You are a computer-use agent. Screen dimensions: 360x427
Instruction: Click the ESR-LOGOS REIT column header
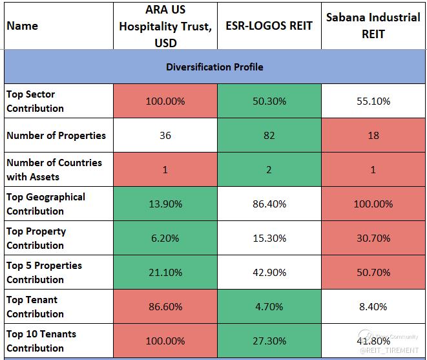(269, 26)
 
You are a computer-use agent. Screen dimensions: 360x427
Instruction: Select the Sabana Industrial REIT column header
(373, 25)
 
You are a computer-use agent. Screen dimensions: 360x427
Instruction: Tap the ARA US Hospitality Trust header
(165, 26)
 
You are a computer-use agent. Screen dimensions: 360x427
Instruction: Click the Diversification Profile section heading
(214, 67)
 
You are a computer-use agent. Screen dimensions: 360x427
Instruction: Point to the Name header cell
(23, 26)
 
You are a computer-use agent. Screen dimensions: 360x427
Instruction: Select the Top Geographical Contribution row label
(46, 204)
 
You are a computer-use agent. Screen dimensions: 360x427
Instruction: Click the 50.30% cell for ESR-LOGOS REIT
(269, 101)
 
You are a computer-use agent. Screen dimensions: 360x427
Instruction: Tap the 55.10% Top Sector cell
(373, 101)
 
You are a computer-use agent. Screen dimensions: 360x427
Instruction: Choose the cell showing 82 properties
(269, 136)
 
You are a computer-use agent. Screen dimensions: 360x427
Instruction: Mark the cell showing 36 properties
(165, 136)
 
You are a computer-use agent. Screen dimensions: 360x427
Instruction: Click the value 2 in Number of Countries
(269, 170)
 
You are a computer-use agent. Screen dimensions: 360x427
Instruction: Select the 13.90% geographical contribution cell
(165, 204)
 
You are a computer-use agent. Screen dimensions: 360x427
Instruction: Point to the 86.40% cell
(269, 204)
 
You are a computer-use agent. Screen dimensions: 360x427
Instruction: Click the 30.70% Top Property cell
(373, 238)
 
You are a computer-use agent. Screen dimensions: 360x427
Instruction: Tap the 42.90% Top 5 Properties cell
(269, 272)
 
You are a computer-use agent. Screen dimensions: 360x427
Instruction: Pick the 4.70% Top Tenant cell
(269, 306)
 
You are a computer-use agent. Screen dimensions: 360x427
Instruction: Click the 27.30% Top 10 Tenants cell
(269, 341)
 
